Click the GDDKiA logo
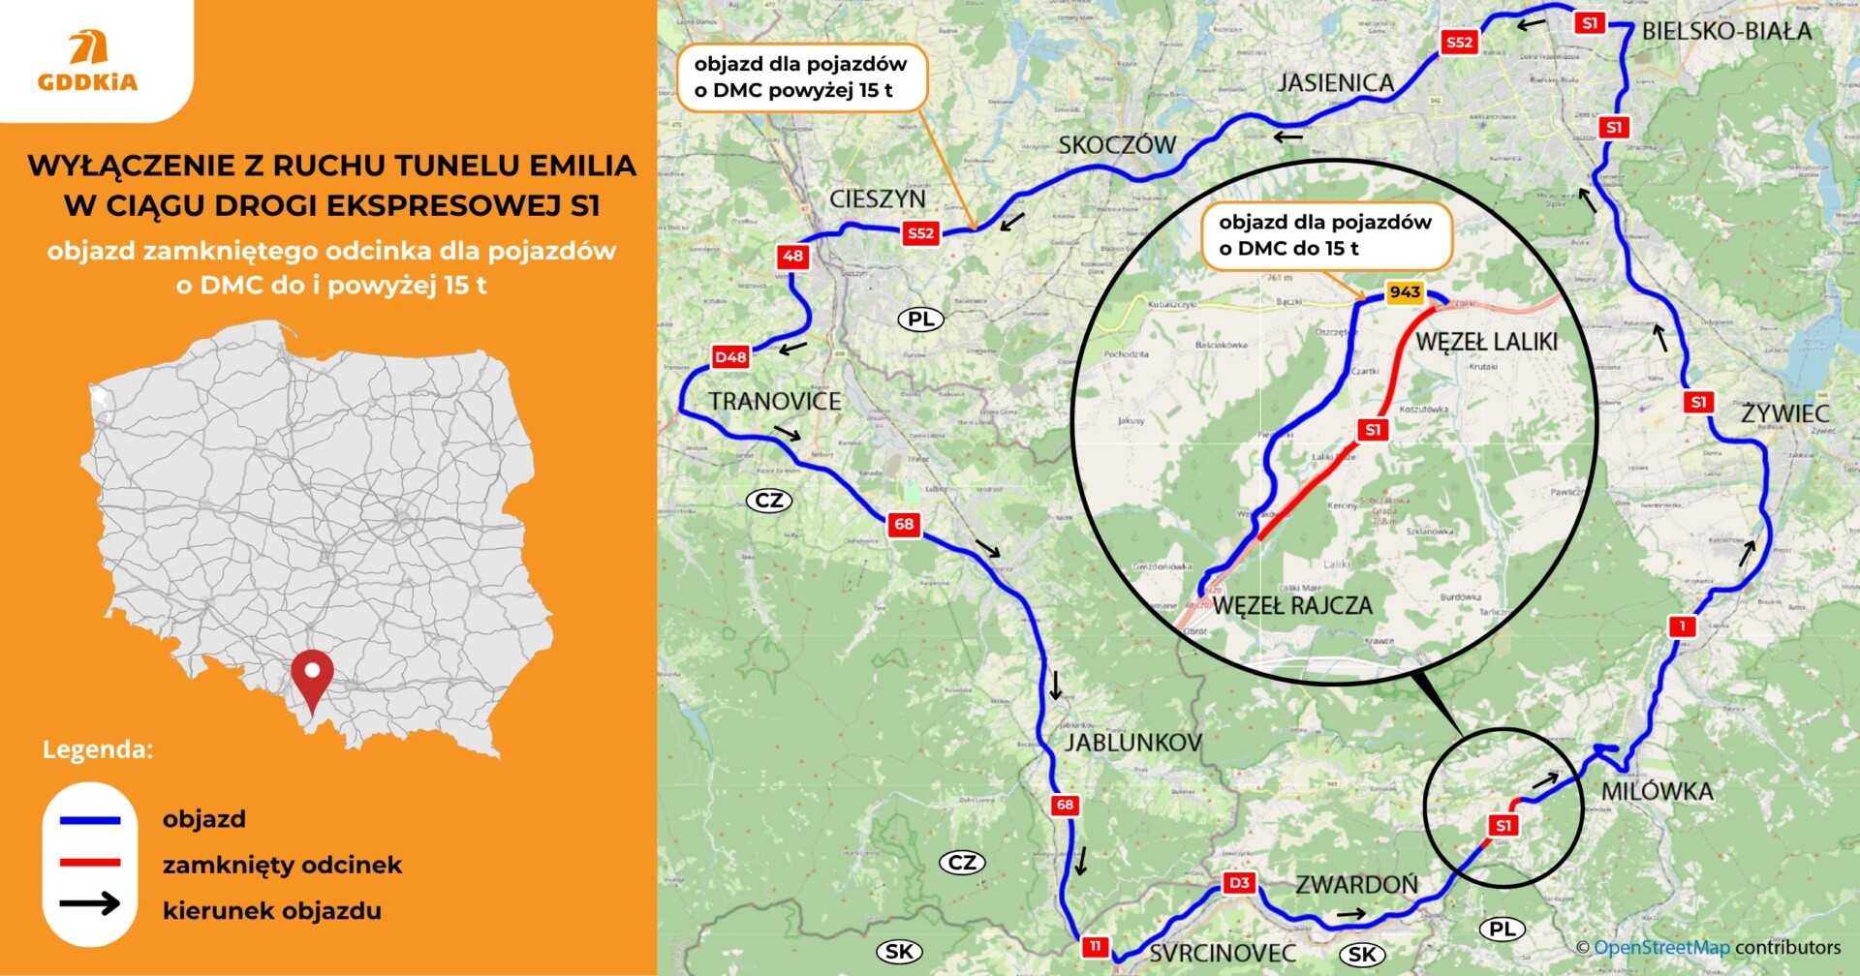(88, 61)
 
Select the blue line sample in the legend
(90, 820)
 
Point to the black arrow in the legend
(90, 905)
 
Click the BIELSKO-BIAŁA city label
(1726, 31)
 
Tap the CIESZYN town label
(877, 198)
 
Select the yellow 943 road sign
(1404, 292)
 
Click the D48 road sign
(730, 357)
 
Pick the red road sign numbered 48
(792, 257)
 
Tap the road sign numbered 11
(1095, 946)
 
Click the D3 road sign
(1238, 882)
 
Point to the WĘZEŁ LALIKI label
(1486, 342)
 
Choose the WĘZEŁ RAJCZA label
(1292, 606)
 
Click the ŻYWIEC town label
(1784, 413)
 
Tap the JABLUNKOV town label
(1132, 743)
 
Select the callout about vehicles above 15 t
(800, 77)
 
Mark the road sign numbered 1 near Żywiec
(1682, 626)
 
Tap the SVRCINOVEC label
(1223, 953)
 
